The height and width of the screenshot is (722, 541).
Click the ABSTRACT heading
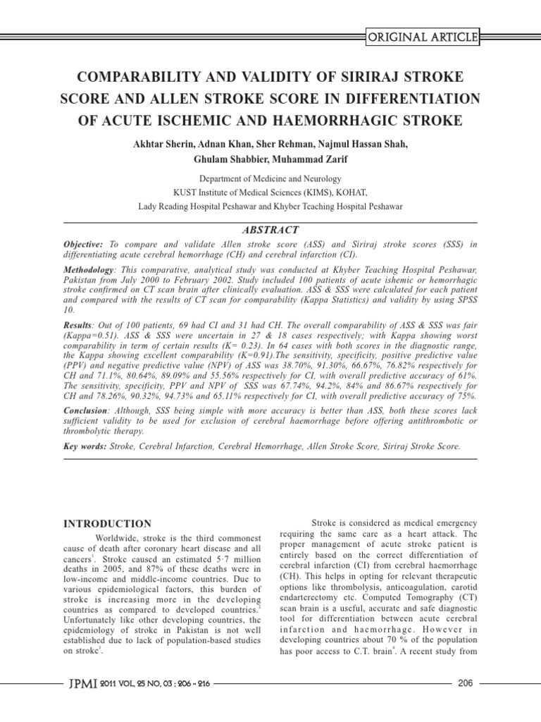point(270,230)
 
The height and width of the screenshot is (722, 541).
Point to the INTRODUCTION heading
point(107,523)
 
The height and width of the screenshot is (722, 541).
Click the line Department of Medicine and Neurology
point(270,179)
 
